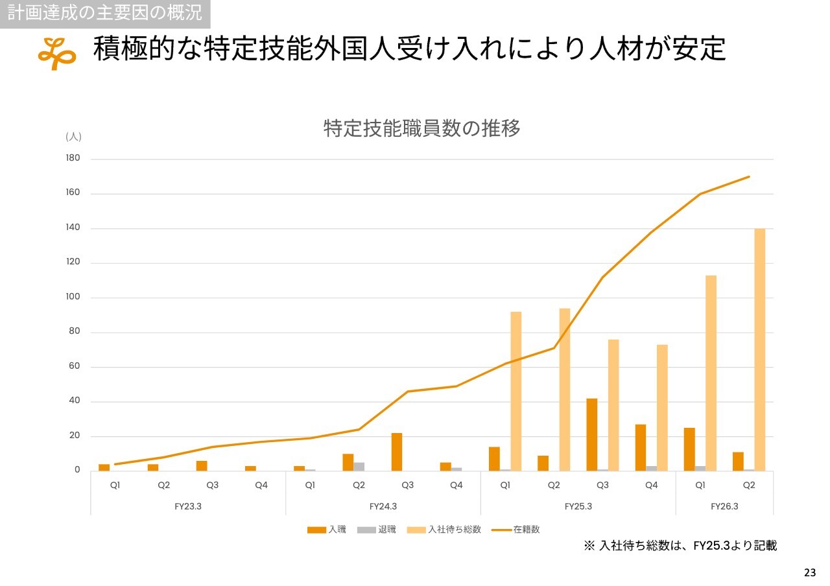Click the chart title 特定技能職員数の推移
click(421, 128)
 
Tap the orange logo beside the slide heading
click(56, 53)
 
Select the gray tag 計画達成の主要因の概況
click(104, 12)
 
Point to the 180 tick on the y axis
click(73, 159)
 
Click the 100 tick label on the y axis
click(73, 298)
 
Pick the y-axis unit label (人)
click(73, 137)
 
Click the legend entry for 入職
click(327, 530)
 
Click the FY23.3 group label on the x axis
click(187, 507)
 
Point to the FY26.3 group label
click(724, 507)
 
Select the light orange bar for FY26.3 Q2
click(759, 349)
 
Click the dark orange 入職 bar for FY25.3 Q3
click(591, 434)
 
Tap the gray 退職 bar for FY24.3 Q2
click(359, 467)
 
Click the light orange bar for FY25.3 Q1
click(516, 391)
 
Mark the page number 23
click(810, 572)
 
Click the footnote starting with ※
click(680, 546)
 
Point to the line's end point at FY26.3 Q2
click(749, 176)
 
